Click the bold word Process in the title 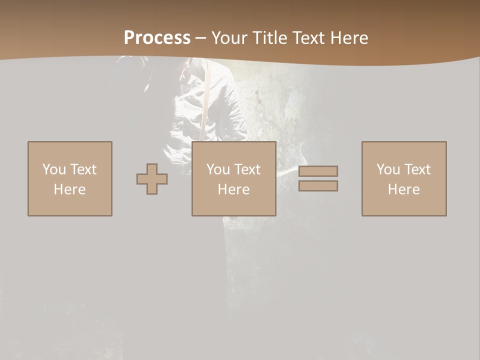(157, 38)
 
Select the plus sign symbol (152, 179)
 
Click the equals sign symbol (318, 178)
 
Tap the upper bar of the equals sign (318, 171)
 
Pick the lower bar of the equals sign (318, 186)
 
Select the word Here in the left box (69, 189)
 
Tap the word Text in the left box (83, 169)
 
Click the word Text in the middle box (247, 169)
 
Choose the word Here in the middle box (233, 189)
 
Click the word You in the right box (388, 169)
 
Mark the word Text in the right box (417, 169)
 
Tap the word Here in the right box (403, 189)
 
